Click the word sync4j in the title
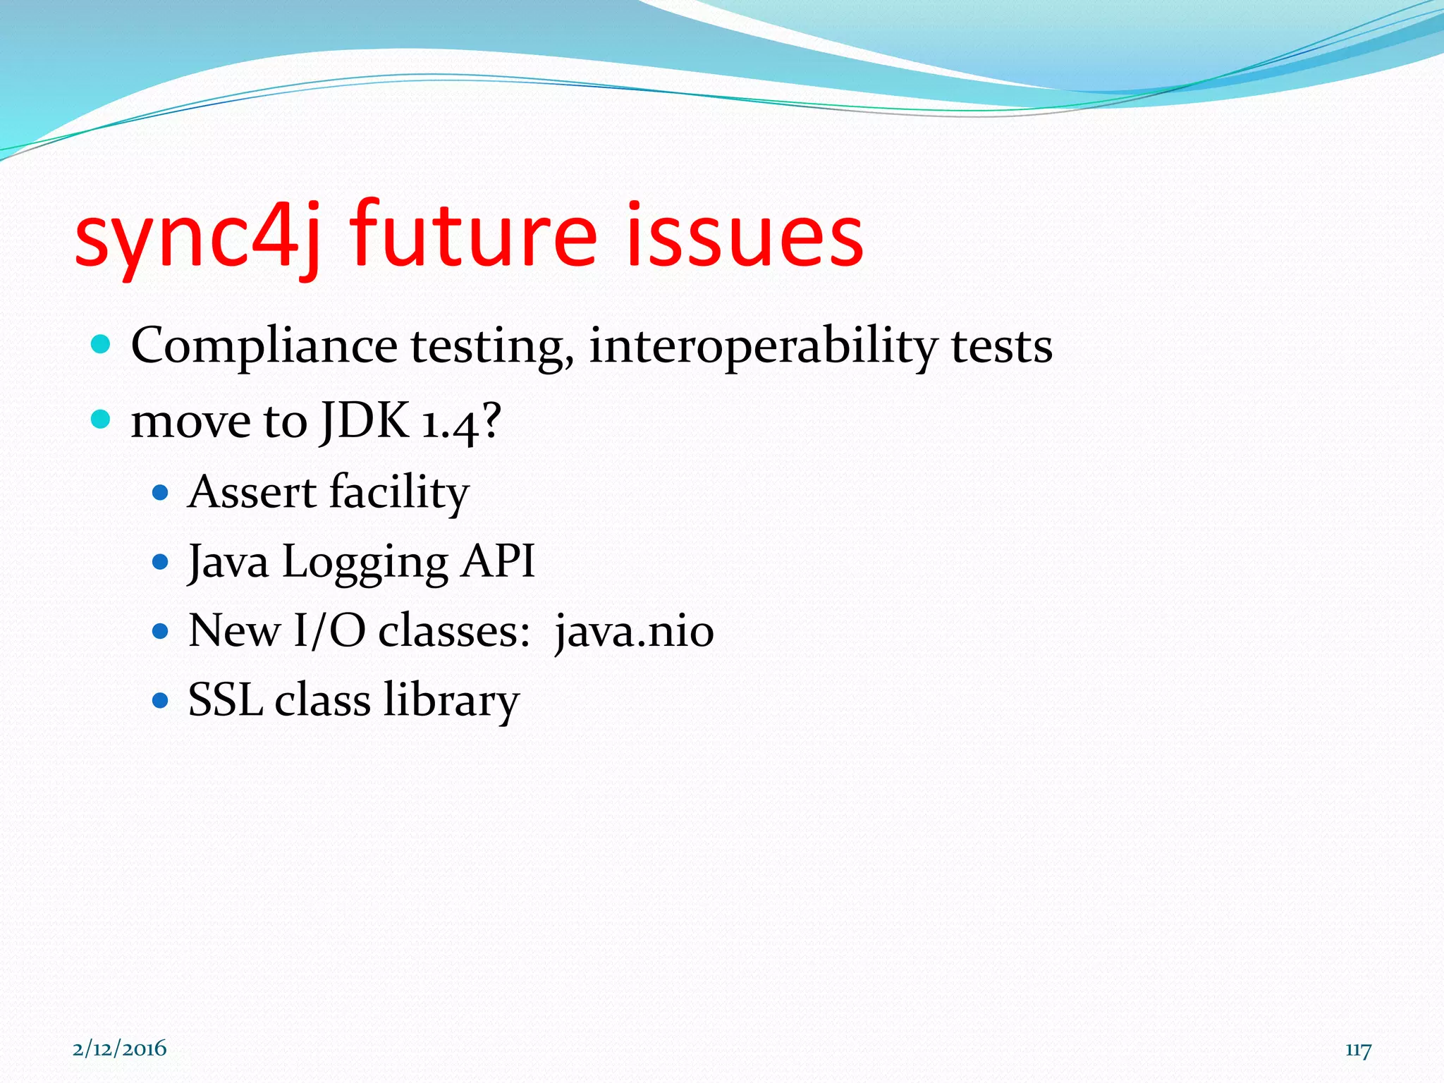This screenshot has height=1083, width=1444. pyautogui.click(x=197, y=236)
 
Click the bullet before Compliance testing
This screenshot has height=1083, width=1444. pyautogui.click(x=102, y=345)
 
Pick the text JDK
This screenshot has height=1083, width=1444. pyautogui.click(x=365, y=420)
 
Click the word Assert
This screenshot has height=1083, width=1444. pyautogui.click(x=252, y=492)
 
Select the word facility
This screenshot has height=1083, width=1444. pyautogui.click(x=399, y=492)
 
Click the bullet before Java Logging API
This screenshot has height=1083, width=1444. pyautogui.click(x=161, y=562)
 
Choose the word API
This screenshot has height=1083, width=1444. pyautogui.click(x=498, y=562)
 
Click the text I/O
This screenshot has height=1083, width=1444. pyautogui.click(x=329, y=630)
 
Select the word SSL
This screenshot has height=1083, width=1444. pyautogui.click(x=225, y=700)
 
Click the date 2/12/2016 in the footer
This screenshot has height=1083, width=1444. pyautogui.click(x=120, y=1048)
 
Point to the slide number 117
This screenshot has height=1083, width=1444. pyautogui.click(x=1357, y=1050)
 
